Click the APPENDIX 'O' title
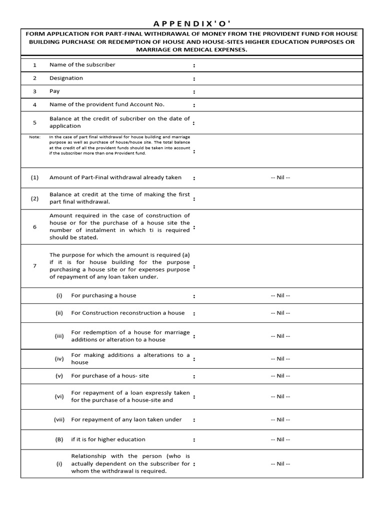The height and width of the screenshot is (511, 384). [x=192, y=23]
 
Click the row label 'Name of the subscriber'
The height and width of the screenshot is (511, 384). [x=82, y=65]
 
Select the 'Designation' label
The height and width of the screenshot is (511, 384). [x=66, y=78]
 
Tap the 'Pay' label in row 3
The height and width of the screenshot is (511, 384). [x=54, y=91]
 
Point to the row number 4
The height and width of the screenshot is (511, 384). [x=34, y=105]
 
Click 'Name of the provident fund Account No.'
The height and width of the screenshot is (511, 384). [x=106, y=105]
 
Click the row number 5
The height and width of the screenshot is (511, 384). [x=34, y=122]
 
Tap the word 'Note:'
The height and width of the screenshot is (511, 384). [x=34, y=137]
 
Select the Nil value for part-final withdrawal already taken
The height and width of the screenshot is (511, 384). [x=280, y=178]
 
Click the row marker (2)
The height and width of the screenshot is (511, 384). [x=34, y=198]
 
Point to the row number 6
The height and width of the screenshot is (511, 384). [x=34, y=227]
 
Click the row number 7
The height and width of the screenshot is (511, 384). [x=34, y=265]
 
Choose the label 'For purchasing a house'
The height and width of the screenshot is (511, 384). [x=103, y=295]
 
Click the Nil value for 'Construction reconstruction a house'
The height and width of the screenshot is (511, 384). [x=280, y=313]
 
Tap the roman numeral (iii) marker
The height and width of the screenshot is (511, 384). [x=59, y=336]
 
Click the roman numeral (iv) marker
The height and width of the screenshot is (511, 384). [x=59, y=358]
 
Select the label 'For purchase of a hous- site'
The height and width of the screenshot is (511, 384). [x=110, y=376]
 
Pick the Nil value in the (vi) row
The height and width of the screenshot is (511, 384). [x=280, y=397]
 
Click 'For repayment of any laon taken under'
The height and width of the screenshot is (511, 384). [x=126, y=420]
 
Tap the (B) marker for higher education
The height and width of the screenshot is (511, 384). [x=59, y=440]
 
